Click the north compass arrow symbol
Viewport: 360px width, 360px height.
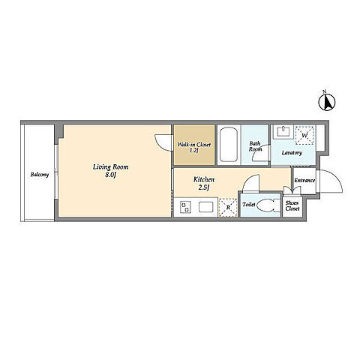(x=327, y=102)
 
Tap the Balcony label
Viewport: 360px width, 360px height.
(x=40, y=174)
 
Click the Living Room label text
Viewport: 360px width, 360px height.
(x=110, y=167)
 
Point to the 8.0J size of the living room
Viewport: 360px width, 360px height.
(x=110, y=175)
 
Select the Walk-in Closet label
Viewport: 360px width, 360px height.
(x=194, y=145)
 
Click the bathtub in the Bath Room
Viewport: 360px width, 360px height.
(x=229, y=145)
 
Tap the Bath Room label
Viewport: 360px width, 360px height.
(x=255, y=146)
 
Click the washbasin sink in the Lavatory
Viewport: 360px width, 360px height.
(x=283, y=132)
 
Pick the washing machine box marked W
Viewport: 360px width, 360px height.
(x=304, y=135)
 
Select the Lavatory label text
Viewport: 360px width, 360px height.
(x=292, y=153)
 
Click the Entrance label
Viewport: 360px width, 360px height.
(x=304, y=180)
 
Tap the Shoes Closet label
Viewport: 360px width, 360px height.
(x=292, y=206)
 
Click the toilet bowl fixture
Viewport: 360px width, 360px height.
(x=265, y=205)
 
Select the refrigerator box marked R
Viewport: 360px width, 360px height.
(x=228, y=208)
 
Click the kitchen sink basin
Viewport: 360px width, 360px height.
(x=206, y=207)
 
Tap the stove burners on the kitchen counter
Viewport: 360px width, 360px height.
(x=185, y=207)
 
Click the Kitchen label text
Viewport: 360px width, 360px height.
(x=204, y=179)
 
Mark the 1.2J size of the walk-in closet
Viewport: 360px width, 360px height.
(x=194, y=151)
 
